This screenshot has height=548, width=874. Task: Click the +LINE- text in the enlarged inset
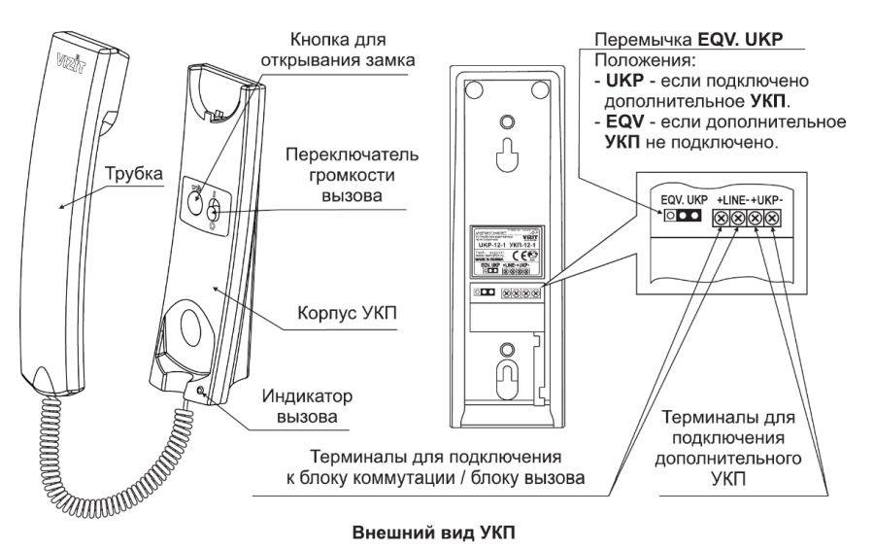click(734, 200)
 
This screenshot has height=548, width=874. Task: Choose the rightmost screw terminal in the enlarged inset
click(771, 220)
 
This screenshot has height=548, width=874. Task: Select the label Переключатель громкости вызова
click(329, 175)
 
